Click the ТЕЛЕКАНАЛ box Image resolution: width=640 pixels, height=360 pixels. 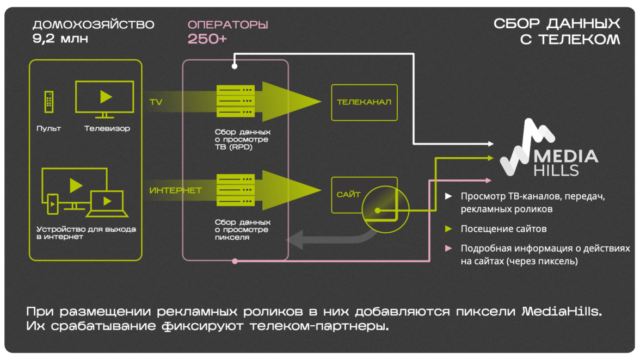click(364, 102)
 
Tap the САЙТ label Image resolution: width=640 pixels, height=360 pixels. click(349, 195)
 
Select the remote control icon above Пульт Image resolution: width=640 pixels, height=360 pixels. click(49, 102)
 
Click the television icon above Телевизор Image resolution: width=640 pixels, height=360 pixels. click(104, 98)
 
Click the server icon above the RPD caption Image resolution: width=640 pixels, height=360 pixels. click(236, 101)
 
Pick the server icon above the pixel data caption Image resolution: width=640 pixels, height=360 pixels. click(236, 190)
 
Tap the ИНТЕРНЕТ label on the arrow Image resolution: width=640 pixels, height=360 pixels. click(175, 190)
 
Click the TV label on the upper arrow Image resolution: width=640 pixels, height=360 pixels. click(156, 102)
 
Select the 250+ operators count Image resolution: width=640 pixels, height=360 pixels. click(207, 39)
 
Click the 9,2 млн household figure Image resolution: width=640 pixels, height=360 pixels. click(60, 39)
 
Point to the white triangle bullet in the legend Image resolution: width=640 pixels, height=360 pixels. click(448, 196)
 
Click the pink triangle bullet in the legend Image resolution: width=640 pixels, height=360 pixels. click(448, 249)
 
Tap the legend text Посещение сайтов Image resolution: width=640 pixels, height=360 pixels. click(503, 229)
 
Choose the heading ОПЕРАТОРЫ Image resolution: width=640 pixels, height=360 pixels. click(227, 25)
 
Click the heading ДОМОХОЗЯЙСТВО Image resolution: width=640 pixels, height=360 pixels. click(93, 25)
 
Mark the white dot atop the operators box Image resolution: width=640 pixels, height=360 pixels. click(235, 67)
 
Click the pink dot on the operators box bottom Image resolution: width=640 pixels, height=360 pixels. click(235, 261)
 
